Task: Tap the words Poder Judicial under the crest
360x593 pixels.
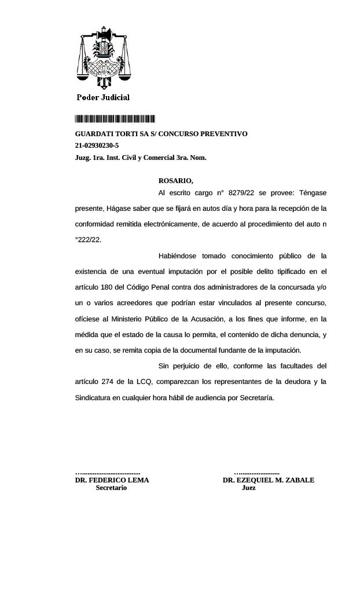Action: pos(103,97)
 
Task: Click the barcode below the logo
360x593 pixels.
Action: pos(115,119)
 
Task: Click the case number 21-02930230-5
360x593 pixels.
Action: pos(97,145)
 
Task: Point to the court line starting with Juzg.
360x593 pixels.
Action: pos(141,157)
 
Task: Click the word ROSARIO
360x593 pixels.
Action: pos(175,181)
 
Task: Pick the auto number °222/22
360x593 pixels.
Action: pos(88,239)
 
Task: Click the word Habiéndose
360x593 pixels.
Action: pos(177,255)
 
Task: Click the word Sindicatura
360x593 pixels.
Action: pos(94,397)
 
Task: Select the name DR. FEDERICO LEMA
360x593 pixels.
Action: pos(112,480)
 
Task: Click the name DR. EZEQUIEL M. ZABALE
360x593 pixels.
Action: pos(269,480)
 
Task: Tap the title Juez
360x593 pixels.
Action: pos(248,488)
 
